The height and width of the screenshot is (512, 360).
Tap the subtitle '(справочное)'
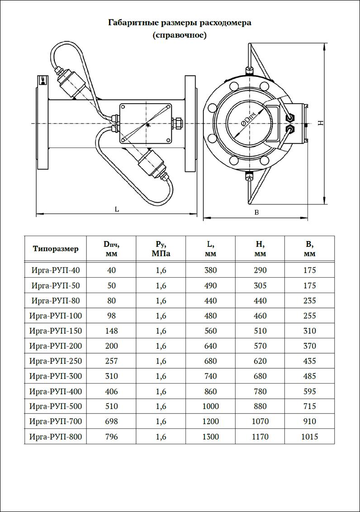click(x=180, y=35)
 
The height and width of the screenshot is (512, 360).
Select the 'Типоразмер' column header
click(x=56, y=248)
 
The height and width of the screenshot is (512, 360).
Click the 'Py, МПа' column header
click(x=161, y=248)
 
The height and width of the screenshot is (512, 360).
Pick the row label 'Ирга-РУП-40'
click(x=56, y=270)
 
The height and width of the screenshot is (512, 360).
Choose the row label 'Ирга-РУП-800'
click(x=56, y=436)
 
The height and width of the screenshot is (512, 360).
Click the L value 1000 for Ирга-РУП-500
click(x=211, y=406)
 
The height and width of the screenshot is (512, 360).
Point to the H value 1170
click(x=261, y=436)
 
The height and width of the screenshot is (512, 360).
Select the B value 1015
click(x=310, y=436)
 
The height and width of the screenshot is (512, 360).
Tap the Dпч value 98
click(x=111, y=316)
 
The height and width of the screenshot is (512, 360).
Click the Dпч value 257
click(x=111, y=361)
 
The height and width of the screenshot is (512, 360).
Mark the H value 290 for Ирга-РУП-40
click(x=261, y=270)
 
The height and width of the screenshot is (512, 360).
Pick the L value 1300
click(x=211, y=436)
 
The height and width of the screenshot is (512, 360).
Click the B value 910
click(x=310, y=422)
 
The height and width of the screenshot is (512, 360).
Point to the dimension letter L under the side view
click(x=117, y=209)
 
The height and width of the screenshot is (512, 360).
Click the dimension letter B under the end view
click(x=256, y=213)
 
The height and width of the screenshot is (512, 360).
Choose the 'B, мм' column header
click(x=310, y=248)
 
